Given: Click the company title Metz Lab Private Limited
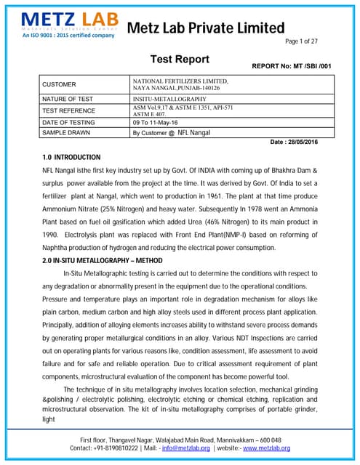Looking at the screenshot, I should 206,28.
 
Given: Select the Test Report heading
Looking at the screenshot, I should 180,60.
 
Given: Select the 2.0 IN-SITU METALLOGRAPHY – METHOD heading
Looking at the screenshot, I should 102,260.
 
